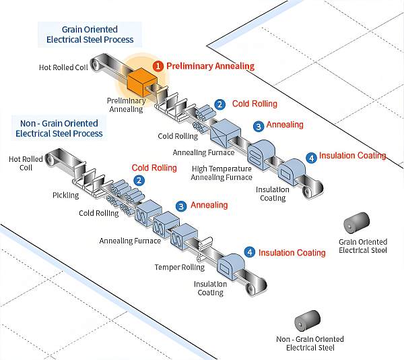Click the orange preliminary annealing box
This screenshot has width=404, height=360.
click(142, 82)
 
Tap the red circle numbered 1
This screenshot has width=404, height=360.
click(158, 66)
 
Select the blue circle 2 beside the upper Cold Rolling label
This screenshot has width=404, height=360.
click(220, 104)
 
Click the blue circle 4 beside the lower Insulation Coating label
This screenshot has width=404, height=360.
click(250, 252)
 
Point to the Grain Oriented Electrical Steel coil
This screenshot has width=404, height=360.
click(357, 222)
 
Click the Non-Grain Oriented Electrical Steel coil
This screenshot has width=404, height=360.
click(308, 320)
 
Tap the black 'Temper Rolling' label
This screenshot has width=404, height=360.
click(180, 267)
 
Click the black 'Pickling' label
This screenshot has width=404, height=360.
click(66, 196)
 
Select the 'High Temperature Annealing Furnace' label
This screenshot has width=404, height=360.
click(222, 173)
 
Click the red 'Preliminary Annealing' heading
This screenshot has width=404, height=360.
click(210, 66)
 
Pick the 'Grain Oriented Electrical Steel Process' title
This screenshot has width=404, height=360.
click(90, 34)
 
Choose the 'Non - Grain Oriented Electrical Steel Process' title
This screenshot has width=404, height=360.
click(59, 128)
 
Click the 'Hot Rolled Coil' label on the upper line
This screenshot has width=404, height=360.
click(63, 67)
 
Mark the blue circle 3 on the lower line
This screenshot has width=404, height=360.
click(181, 206)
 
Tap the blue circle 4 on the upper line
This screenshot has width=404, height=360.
click(312, 158)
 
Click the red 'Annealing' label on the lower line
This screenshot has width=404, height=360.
click(209, 205)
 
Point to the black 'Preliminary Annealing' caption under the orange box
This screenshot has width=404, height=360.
click(127, 104)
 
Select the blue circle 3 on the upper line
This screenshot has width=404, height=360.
click(259, 126)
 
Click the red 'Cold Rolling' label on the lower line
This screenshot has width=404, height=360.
click(154, 168)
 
